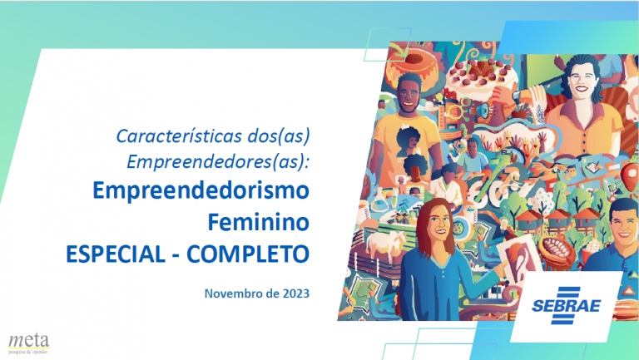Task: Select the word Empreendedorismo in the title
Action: click(x=201, y=190)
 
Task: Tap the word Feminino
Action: click(x=259, y=222)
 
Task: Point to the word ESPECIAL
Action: click(x=116, y=254)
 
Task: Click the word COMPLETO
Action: click(x=248, y=254)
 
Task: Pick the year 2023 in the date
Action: click(x=296, y=293)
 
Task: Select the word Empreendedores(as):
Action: click(x=219, y=161)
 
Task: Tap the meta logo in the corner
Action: click(x=28, y=343)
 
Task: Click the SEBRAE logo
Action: click(x=566, y=305)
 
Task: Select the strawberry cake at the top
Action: click(x=480, y=76)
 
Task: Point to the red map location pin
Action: click(x=630, y=175)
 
